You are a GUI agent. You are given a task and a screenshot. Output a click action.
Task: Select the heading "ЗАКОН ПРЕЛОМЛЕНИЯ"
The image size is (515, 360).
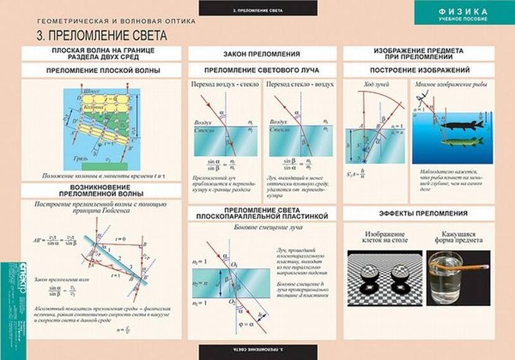263,54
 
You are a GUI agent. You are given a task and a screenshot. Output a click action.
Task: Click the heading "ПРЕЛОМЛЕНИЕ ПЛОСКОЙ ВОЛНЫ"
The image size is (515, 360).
103,71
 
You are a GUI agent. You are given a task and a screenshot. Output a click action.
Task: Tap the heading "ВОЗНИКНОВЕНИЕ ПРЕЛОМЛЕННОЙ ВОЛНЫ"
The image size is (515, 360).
103,190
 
